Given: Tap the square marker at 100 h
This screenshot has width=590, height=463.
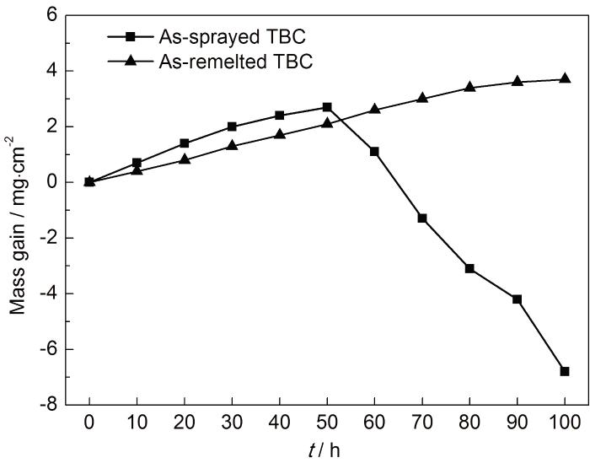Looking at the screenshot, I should [565, 371].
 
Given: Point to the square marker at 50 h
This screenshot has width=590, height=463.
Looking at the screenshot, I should [327, 107].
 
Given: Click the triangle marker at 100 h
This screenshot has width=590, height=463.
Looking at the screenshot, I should [565, 79].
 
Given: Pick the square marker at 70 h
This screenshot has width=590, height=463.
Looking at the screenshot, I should [422, 218].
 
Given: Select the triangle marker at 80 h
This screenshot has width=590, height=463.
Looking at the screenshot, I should [469, 87].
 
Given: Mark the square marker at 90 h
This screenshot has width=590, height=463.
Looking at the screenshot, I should [517, 299].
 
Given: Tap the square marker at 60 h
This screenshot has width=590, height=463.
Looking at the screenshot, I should [374, 152].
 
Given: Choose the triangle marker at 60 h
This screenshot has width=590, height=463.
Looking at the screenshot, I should [374, 110].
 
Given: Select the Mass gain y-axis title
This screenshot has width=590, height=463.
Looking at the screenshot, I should [19, 211].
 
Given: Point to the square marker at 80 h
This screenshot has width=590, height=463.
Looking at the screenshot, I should [469, 268].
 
